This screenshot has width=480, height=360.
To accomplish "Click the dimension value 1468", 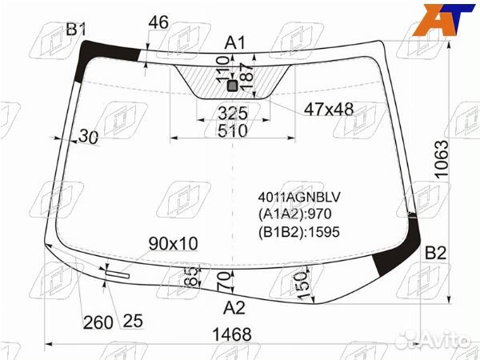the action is click(x=232, y=334).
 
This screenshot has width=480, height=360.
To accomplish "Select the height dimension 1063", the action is click(x=441, y=159).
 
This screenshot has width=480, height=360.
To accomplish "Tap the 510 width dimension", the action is click(x=232, y=130).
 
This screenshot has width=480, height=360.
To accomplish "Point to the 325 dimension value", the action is click(x=232, y=114).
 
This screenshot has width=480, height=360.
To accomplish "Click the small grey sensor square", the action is click(x=233, y=86).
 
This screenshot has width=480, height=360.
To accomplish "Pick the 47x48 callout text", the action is click(x=329, y=109).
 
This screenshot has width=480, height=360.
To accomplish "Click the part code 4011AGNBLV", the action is click(x=299, y=198).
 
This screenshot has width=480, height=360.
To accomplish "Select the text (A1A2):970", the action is click(x=294, y=214).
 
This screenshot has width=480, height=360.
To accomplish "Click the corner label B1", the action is click(x=76, y=30).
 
